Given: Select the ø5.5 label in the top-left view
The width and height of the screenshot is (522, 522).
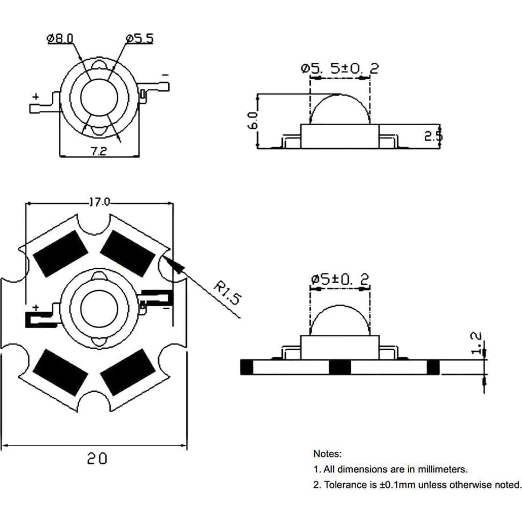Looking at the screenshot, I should coord(140,38).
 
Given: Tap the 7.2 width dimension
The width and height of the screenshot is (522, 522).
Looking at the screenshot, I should coord(98,151).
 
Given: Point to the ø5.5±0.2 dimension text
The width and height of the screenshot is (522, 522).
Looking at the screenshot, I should coord(340,68).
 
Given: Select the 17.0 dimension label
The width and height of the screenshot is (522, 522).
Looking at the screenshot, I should coord(99,202).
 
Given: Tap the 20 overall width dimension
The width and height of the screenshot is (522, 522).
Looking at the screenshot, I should coord(97,458).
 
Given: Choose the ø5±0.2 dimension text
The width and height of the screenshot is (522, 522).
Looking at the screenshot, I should coord(340,279).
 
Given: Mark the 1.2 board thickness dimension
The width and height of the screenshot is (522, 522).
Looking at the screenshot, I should coord(476,342).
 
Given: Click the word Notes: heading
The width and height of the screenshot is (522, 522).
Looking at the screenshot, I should coord(327,454).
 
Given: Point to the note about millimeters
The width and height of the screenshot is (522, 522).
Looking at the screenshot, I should coord(390,469).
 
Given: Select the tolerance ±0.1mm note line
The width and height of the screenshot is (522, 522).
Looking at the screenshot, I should coord(417,485).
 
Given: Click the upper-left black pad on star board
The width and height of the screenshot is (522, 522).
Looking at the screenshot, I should coord(60,254).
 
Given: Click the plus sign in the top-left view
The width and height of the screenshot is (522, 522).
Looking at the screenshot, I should coord(36,97).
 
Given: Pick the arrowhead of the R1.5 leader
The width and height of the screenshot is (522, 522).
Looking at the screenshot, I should coord(171,263).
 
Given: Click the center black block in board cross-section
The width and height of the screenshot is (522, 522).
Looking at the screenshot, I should coord(340,367).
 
